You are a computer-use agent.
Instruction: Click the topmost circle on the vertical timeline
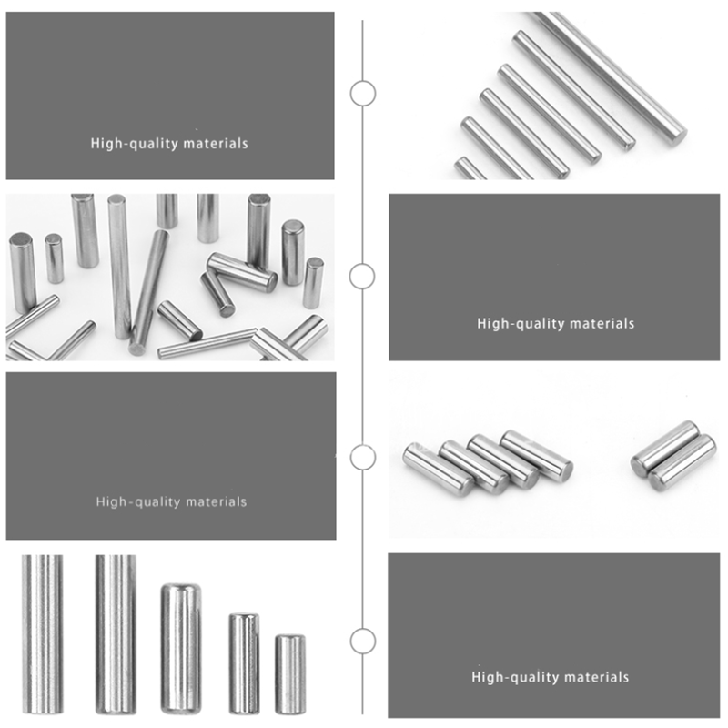(363, 93)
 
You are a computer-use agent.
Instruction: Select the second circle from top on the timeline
(363, 276)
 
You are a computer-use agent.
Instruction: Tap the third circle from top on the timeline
(363, 457)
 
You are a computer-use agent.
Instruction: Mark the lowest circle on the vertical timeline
(363, 641)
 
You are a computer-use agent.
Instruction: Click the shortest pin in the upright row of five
(290, 674)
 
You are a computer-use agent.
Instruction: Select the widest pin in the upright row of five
(180, 648)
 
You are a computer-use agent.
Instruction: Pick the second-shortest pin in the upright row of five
(243, 662)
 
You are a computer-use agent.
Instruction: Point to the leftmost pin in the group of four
(437, 468)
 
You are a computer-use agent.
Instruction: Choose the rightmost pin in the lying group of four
(537, 455)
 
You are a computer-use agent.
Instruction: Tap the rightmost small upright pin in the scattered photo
(313, 282)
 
